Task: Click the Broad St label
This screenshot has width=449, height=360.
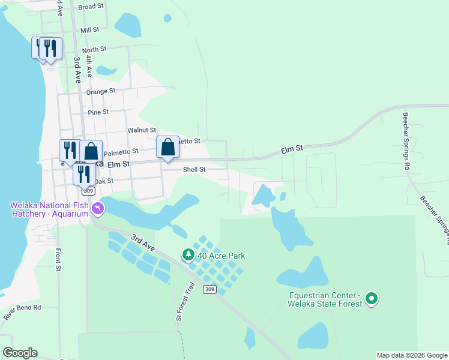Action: pyautogui.click(x=91, y=7)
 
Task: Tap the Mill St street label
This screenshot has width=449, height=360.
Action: pyautogui.click(x=89, y=30)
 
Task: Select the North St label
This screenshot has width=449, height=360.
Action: pyautogui.click(x=94, y=49)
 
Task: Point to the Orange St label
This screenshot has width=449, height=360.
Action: pyautogui.click(x=100, y=91)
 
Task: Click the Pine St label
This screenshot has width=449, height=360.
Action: pyautogui.click(x=98, y=112)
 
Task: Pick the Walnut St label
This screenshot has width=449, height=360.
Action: pyautogui.click(x=142, y=130)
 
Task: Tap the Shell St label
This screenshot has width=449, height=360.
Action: pyautogui.click(x=194, y=170)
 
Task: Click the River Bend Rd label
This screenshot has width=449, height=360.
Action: pyautogui.click(x=22, y=308)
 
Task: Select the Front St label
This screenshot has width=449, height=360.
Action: pyautogui.click(x=59, y=260)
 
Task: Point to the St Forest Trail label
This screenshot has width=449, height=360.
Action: pyautogui.click(x=179, y=303)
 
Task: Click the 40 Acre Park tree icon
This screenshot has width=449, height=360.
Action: pyautogui.click(x=188, y=256)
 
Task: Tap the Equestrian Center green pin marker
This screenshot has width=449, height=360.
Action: pyautogui.click(x=372, y=298)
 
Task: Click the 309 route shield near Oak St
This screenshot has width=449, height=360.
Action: pyautogui.click(x=89, y=191)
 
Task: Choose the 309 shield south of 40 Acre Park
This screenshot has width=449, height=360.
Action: pyautogui.click(x=209, y=290)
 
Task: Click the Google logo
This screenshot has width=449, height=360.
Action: pyautogui.click(x=20, y=353)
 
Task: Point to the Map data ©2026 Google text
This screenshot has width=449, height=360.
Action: pyautogui.click(x=412, y=355)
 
